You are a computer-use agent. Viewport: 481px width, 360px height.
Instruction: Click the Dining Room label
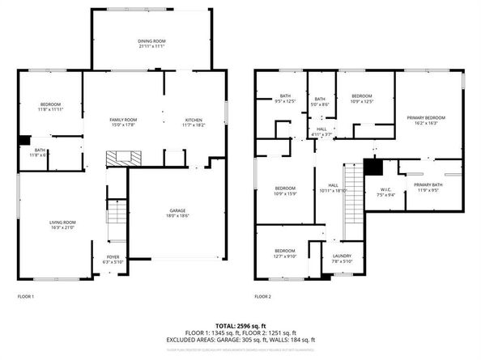[151, 40]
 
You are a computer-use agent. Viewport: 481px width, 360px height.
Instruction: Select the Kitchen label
[194, 120]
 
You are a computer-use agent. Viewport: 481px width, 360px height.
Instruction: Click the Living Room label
[62, 222]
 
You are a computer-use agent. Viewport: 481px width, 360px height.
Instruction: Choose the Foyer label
[111, 257]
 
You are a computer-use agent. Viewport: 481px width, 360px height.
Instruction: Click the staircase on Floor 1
[117, 214]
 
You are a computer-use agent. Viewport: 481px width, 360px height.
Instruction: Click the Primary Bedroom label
[426, 118]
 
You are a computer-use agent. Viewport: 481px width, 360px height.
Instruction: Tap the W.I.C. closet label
[385, 190]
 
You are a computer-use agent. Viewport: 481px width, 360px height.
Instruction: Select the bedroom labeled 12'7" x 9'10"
[285, 251]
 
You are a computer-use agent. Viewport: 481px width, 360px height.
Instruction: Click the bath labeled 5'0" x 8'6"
[320, 100]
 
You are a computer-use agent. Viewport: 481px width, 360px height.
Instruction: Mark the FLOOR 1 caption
[27, 297]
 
